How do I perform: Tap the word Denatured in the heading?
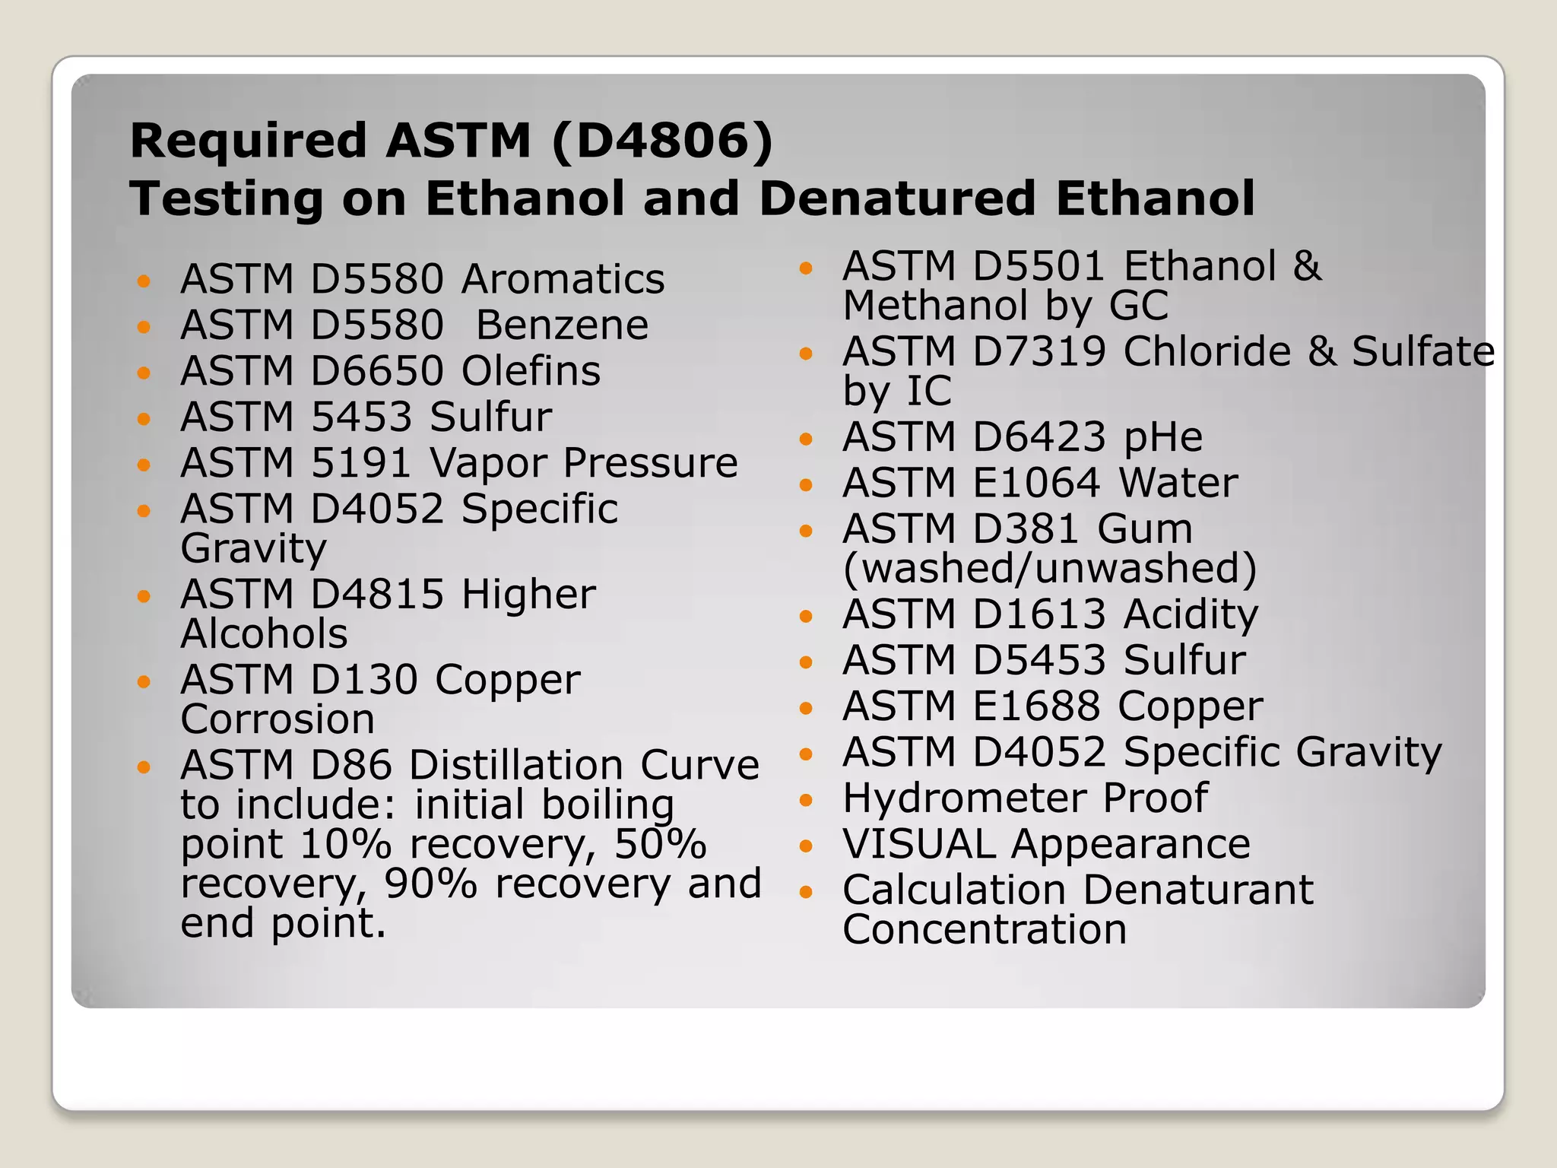[x=898, y=198]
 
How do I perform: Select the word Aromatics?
[x=563, y=279]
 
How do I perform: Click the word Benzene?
[x=562, y=325]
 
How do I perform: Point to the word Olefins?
[x=531, y=371]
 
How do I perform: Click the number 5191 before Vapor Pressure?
[x=361, y=463]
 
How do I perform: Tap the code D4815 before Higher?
[x=377, y=595]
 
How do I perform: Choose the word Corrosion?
[x=278, y=719]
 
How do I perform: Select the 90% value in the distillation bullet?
[x=430, y=884]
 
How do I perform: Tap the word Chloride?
[x=1207, y=352]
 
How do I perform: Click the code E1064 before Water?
[x=1036, y=483]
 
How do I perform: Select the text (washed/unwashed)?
[x=1050, y=569]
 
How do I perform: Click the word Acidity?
[x=1191, y=614]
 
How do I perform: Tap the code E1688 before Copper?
[x=1036, y=706]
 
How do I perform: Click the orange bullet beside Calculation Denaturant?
[x=807, y=891]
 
